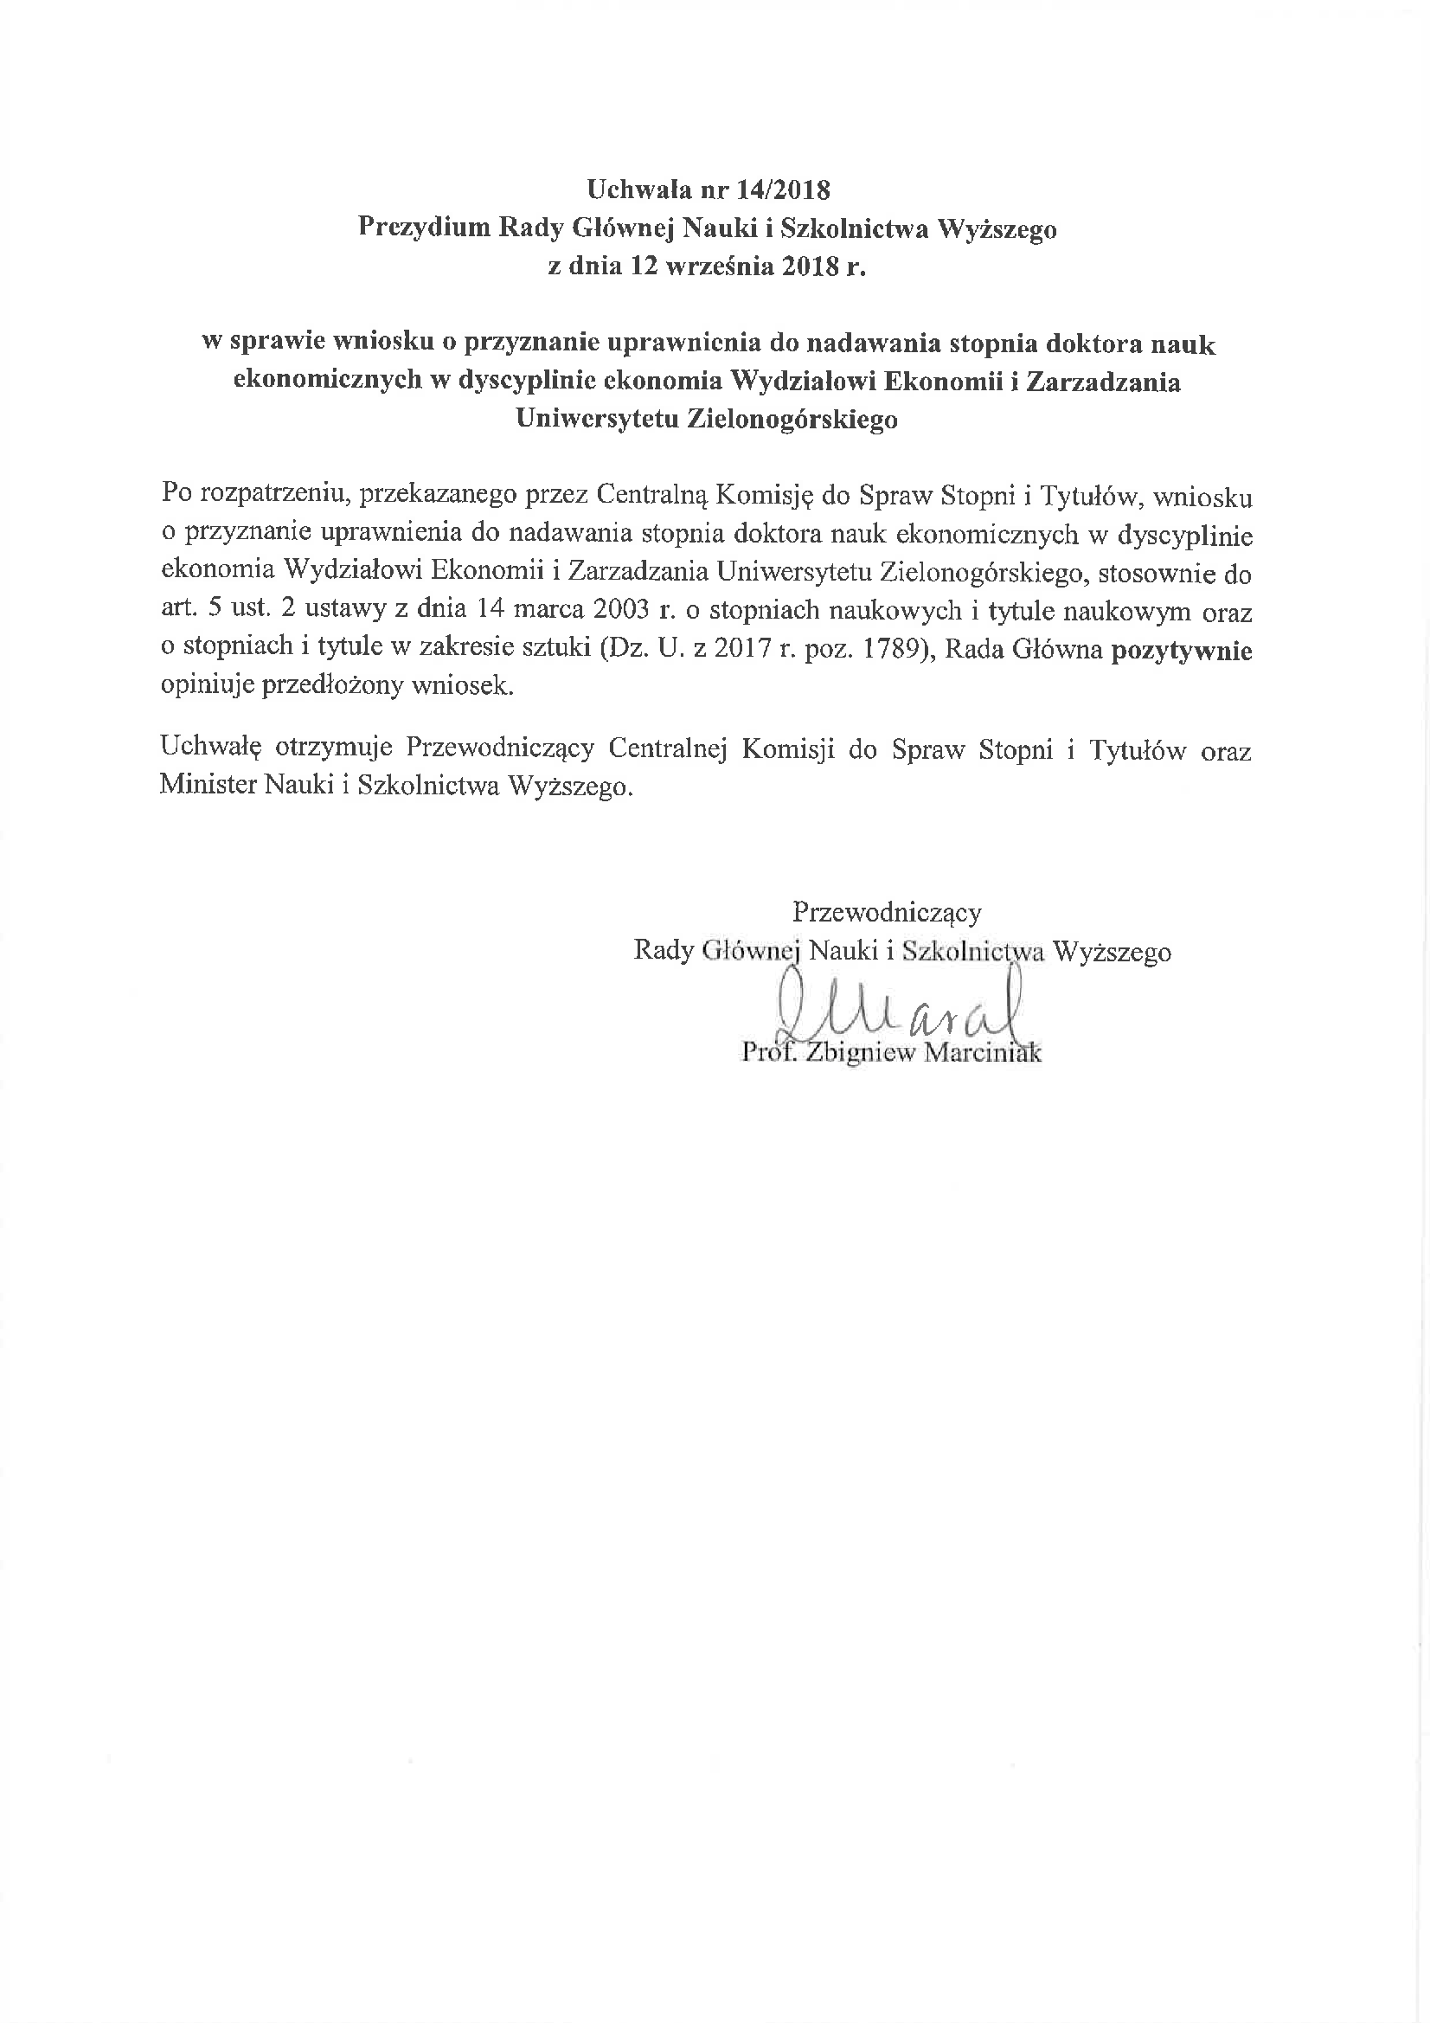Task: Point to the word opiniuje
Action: coord(207,686)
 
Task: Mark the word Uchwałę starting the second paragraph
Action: coord(211,750)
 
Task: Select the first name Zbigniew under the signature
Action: coord(861,1053)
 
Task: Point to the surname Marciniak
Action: coord(983,1053)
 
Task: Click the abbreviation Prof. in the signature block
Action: coord(769,1052)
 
